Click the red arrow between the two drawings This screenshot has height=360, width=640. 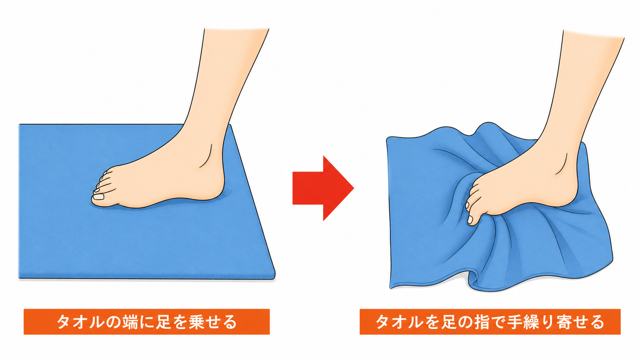tap(323, 188)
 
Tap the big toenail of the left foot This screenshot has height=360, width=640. tap(99, 196)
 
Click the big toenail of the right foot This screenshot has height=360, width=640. tap(470, 220)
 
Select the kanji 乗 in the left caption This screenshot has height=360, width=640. tap(198, 322)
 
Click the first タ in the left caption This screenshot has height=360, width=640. tap(65, 322)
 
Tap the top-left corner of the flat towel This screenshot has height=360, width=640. tap(20, 124)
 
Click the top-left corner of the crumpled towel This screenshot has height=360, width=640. tap(387, 138)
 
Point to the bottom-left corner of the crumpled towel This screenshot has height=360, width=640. tap(390, 288)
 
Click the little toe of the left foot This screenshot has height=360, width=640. tap(106, 172)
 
